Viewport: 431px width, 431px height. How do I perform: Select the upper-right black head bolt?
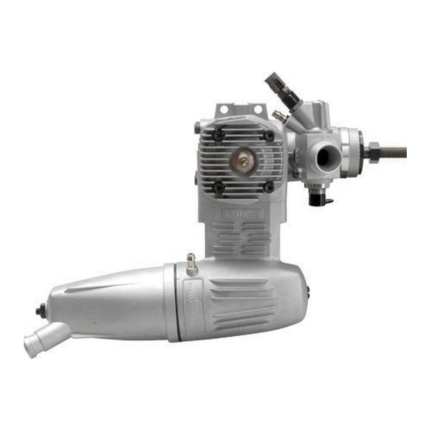pos(268,136)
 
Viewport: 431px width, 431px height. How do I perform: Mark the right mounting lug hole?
pos(258,109)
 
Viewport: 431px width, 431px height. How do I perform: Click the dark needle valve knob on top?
pos(273,81)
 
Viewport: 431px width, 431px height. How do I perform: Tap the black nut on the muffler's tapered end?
pos(40,311)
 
